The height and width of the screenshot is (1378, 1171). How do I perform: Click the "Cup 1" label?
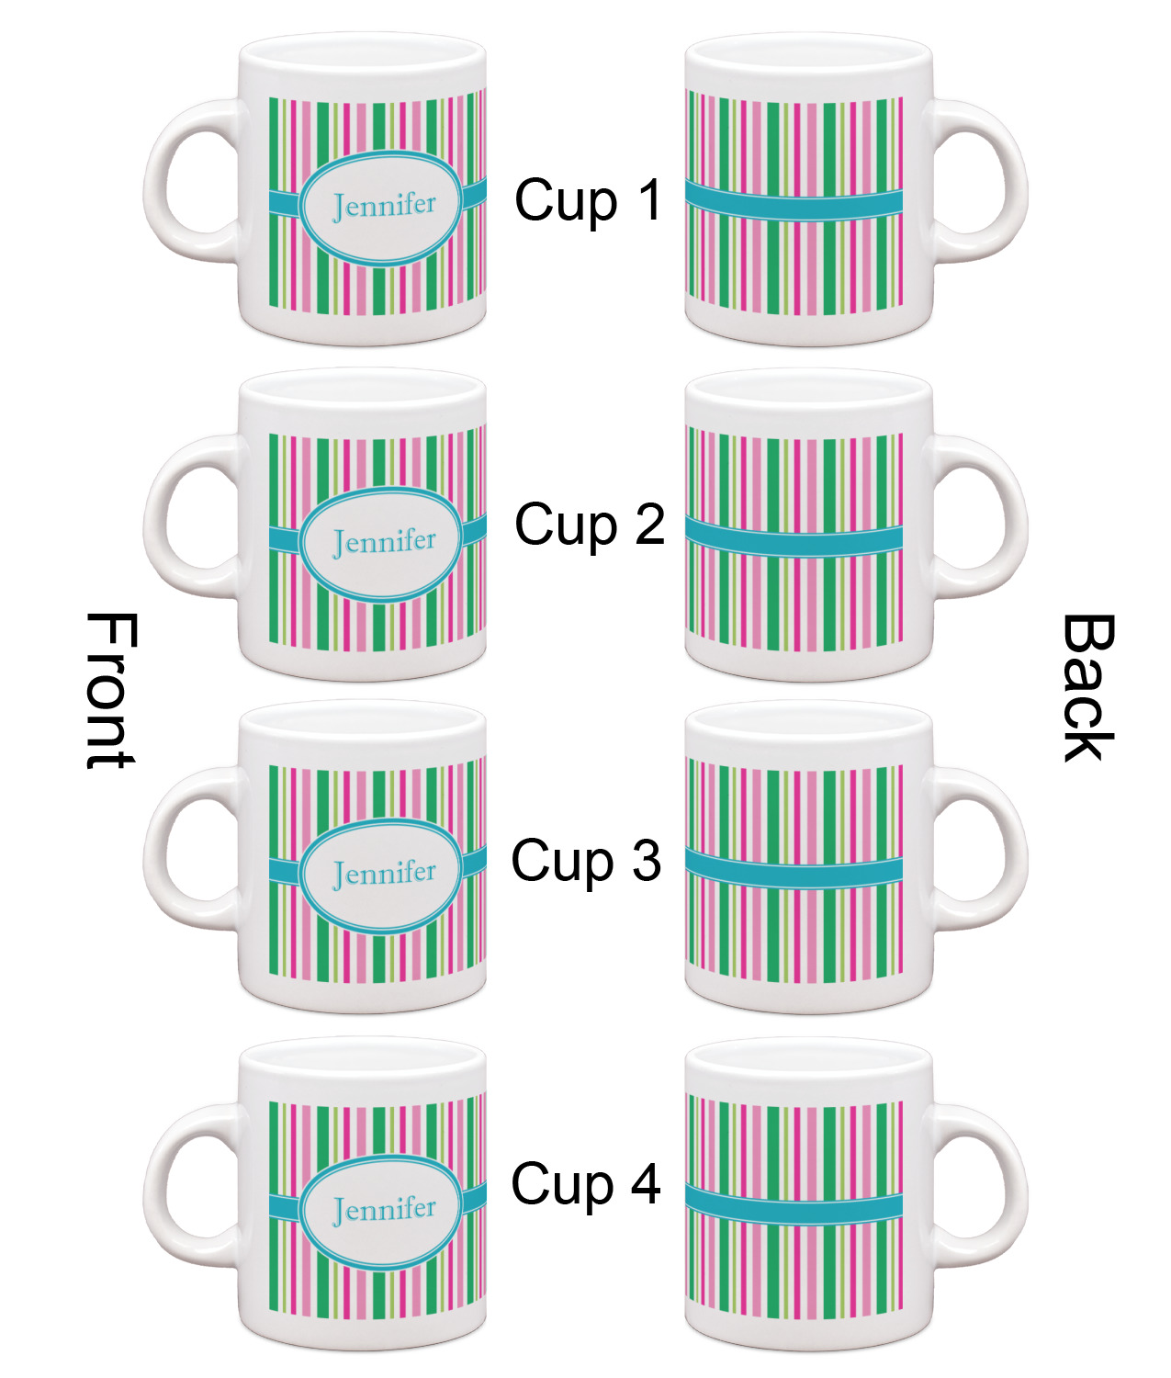[x=588, y=200]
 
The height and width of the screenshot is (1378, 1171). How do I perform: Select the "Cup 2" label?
[x=589, y=525]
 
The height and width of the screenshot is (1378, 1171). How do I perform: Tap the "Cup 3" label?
[x=586, y=861]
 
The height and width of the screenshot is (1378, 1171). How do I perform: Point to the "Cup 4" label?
[x=586, y=1183]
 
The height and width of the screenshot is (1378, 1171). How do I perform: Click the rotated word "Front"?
[x=111, y=691]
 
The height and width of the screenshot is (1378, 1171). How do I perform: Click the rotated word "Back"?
[x=1088, y=688]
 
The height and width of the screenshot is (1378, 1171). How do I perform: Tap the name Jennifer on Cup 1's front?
[x=384, y=206]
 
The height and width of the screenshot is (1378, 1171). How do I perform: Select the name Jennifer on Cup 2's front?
[x=384, y=542]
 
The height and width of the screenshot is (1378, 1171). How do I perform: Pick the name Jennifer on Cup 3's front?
[x=384, y=873]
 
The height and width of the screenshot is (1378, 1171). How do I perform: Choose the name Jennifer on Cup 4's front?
[x=384, y=1209]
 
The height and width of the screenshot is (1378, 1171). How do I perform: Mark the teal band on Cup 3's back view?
[x=794, y=869]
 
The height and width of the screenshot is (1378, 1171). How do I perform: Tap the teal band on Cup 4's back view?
[x=794, y=1206]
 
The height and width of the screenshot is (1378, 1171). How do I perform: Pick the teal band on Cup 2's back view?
[x=794, y=538]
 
